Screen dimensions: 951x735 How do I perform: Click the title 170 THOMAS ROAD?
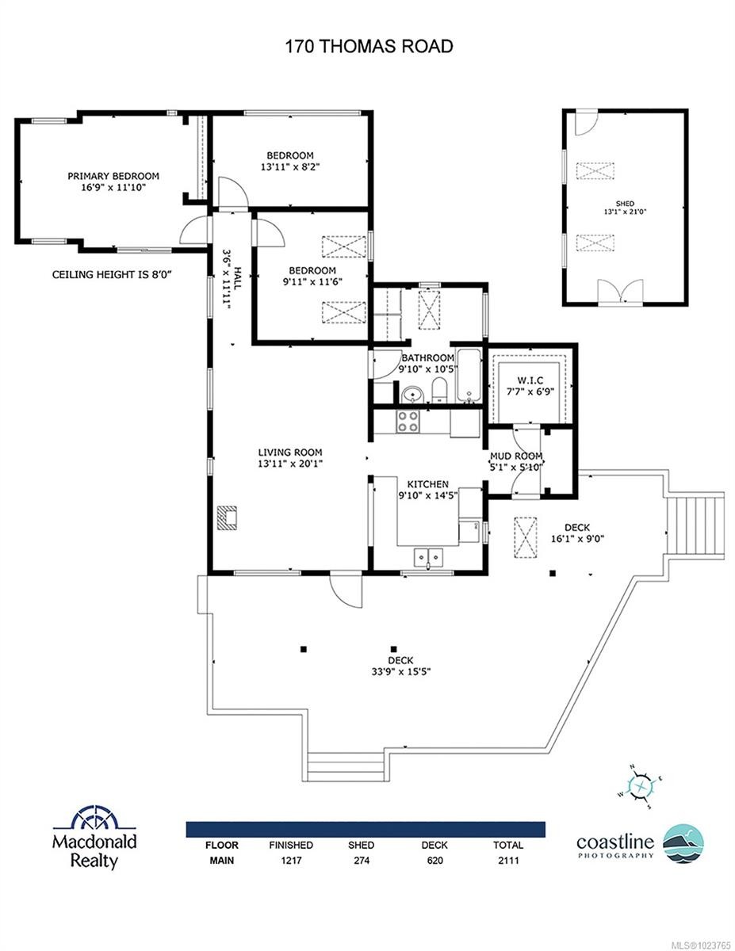click(369, 47)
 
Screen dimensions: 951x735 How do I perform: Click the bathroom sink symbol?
click(411, 394)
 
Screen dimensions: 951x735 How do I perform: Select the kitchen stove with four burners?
click(408, 421)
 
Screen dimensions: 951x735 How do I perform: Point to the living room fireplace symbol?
click(229, 518)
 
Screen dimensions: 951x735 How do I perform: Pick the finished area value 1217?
click(290, 860)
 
